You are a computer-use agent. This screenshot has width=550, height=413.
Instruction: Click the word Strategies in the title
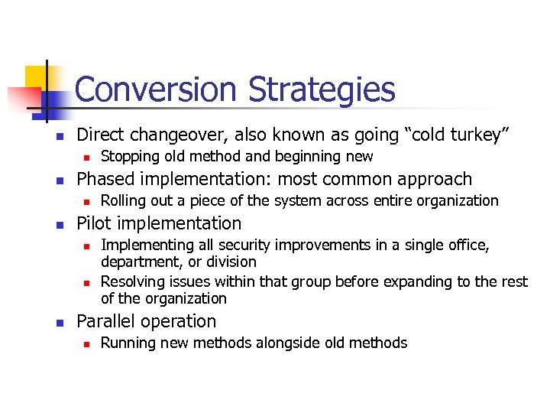322,89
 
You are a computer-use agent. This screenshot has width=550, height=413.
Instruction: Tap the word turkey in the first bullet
474,135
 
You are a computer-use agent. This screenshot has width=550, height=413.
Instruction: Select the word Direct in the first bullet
102,135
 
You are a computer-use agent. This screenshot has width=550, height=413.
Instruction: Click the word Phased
105,179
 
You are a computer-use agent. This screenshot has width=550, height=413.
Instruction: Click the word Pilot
95,223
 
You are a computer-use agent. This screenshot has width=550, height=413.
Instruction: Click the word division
228,262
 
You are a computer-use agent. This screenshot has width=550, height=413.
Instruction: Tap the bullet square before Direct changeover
49,136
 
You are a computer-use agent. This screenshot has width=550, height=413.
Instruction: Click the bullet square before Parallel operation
49,322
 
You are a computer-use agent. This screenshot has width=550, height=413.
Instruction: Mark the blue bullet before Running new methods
87,343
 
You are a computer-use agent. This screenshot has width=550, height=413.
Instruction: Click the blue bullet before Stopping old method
87,158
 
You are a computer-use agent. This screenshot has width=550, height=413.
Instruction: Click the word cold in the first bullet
419,135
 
